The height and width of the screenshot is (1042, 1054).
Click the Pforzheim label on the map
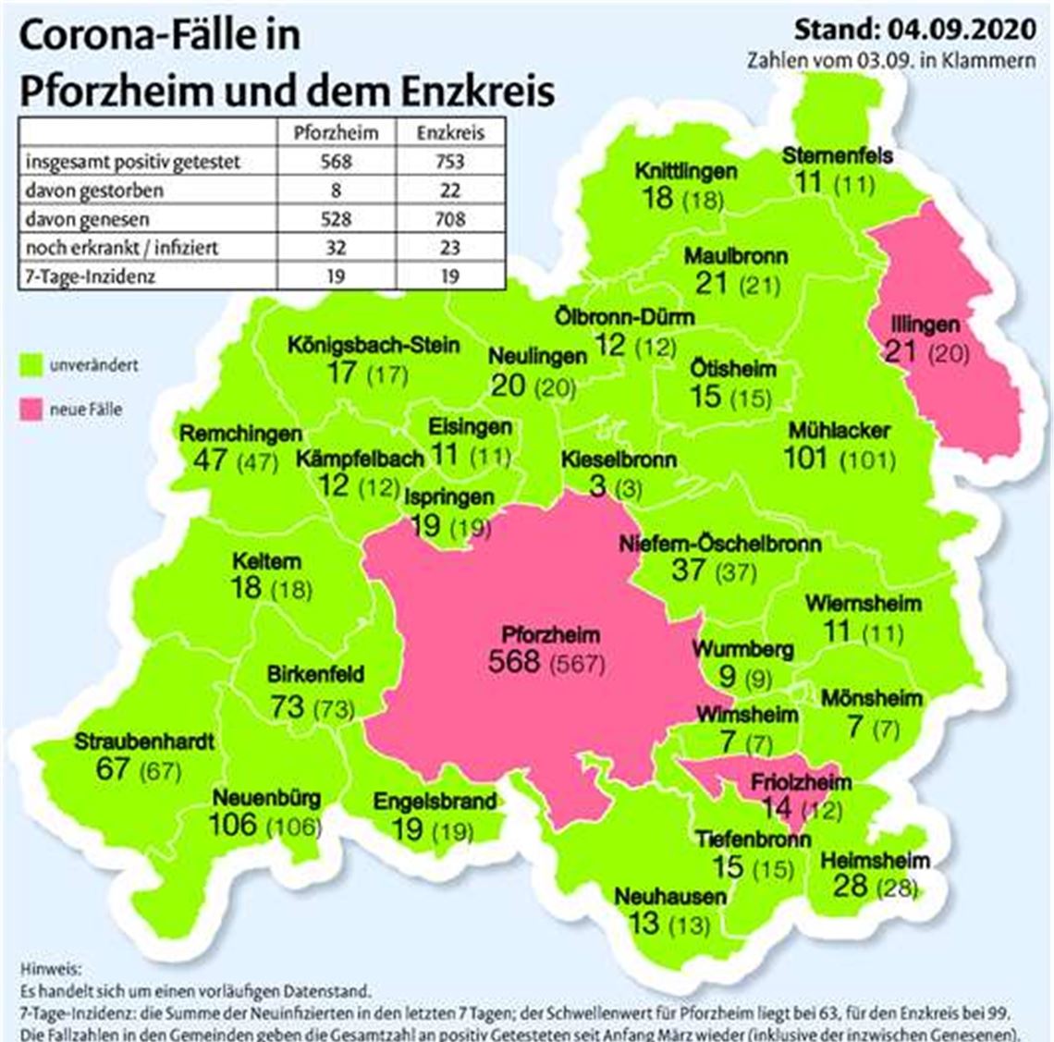tap(550, 635)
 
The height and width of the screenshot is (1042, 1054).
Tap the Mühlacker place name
tap(839, 431)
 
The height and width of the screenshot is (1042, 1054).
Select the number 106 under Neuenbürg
tap(232, 825)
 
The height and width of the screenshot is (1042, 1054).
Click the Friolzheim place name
tap(801, 782)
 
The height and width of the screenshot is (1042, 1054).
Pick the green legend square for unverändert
tap(33, 366)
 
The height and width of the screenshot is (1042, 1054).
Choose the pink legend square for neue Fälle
tap(33, 409)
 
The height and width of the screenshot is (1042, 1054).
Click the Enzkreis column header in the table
tap(450, 132)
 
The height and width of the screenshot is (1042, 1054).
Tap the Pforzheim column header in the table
tap(336, 132)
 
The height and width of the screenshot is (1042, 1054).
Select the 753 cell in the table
tap(450, 161)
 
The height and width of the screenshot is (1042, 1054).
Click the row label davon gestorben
tap(94, 190)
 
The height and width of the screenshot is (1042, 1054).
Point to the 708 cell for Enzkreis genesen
tap(450, 219)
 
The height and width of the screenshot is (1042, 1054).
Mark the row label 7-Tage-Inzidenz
tap(90, 276)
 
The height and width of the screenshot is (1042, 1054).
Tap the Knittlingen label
tap(685, 171)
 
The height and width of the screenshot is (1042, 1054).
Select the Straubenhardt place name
tap(144, 742)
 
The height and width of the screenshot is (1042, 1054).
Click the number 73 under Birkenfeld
tap(288, 707)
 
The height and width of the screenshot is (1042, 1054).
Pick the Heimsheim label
tap(875, 861)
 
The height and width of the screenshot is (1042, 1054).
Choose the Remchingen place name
tap(240, 434)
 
